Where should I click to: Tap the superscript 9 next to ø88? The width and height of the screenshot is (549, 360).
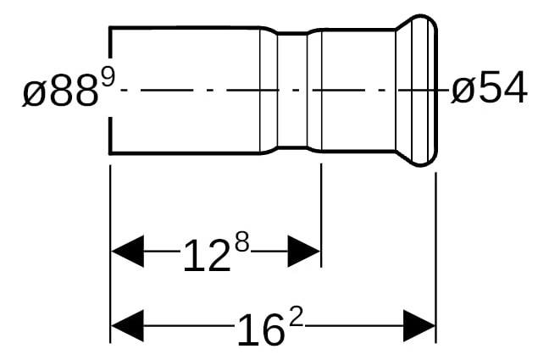pos(108,79)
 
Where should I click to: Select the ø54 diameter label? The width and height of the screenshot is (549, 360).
pos(489,87)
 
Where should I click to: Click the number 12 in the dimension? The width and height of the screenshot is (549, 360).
pos(207,257)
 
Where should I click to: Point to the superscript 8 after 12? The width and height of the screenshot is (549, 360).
pos(242,243)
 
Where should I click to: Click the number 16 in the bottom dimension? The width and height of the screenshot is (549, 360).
pos(259,330)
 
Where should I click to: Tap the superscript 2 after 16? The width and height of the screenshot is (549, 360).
pos(296,316)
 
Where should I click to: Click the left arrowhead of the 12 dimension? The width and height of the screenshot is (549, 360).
pos(127,252)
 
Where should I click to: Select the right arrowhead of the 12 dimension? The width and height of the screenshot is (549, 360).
pos(304,252)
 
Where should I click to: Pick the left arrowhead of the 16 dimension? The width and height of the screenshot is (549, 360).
pos(127,325)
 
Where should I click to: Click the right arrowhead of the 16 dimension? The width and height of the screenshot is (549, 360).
pos(419,325)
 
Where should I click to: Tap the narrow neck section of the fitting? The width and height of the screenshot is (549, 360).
pos(292,90)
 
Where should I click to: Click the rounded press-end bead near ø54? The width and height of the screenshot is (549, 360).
pos(424,90)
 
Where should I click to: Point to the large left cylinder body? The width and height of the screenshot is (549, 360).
pos(185,90)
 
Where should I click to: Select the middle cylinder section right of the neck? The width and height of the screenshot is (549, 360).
pos(358,90)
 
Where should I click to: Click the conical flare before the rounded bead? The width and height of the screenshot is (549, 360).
pos(404,90)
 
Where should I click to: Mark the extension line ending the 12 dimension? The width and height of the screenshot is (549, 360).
pos(321,215)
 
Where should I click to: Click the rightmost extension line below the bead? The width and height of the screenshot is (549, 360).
pos(436,258)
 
